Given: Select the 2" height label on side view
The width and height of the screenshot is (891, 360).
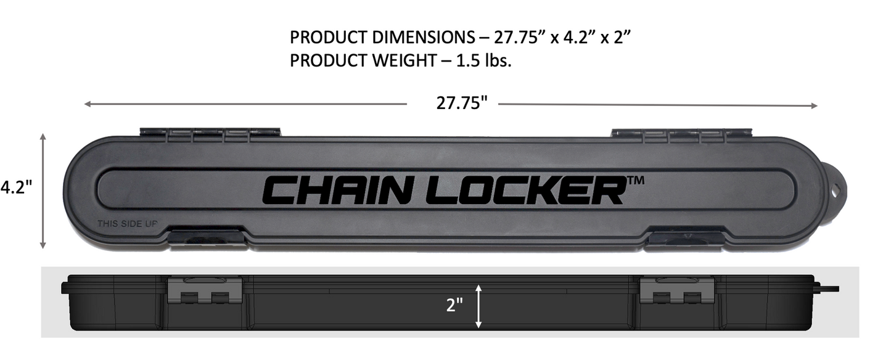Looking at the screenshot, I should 455,305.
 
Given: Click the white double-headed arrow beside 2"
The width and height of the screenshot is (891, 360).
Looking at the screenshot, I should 478,306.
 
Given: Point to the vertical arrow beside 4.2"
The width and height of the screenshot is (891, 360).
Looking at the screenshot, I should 43,190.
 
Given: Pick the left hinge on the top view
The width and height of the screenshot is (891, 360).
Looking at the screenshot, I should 210,132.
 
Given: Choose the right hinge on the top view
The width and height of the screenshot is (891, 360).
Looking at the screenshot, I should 681,133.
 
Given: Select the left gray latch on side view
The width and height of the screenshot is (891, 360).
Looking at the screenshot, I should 205,289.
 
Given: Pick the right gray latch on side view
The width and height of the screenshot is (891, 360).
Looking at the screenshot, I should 676,289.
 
